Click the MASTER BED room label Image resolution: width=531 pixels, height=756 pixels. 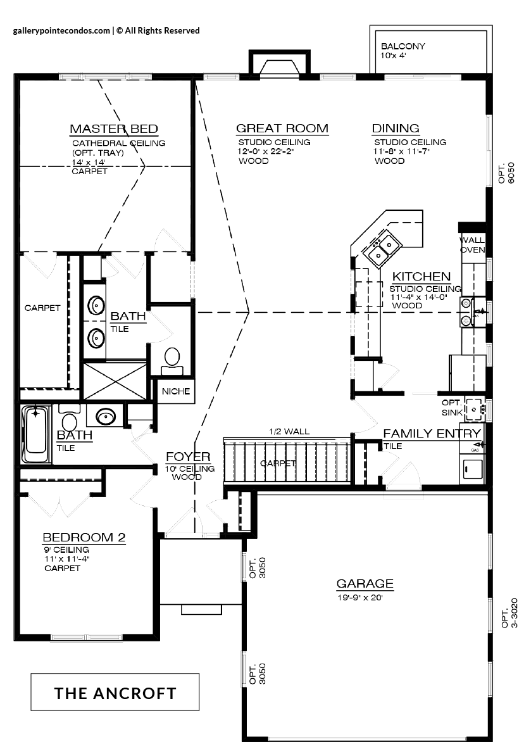(x=114, y=129)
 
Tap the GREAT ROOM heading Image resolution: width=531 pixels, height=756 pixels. (x=282, y=129)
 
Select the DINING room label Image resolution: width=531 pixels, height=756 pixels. (x=396, y=129)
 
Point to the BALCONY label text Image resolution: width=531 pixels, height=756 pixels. (x=403, y=46)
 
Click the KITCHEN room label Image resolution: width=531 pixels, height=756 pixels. (x=422, y=276)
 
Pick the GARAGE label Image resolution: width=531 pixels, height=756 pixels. (x=365, y=584)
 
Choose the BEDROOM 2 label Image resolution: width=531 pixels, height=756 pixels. (x=84, y=537)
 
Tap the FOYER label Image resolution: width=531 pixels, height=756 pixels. (x=188, y=457)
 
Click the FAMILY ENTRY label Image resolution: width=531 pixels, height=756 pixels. (x=432, y=434)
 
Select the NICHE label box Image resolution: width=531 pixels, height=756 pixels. (x=176, y=391)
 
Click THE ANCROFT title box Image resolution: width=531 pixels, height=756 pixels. (x=115, y=692)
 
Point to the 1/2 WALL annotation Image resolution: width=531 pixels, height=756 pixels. (x=289, y=432)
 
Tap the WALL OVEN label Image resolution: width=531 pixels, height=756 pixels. (x=472, y=244)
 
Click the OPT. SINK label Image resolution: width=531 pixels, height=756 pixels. (x=452, y=407)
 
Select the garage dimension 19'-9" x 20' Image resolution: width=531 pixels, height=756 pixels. (x=359, y=598)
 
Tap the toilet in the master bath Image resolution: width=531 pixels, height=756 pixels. (x=172, y=362)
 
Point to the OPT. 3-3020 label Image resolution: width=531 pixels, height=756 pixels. (x=509, y=613)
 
